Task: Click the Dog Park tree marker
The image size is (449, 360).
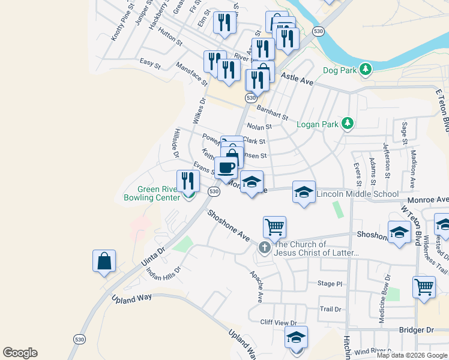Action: coord(365,70)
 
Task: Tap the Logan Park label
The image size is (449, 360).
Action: coord(318,125)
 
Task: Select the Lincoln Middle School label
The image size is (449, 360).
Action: coord(357,194)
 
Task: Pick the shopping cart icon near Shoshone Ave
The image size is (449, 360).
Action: coord(274,227)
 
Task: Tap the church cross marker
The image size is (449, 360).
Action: coord(264,247)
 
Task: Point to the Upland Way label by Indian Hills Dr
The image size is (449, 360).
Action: coord(130,298)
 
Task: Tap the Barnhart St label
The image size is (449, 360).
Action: coord(272,112)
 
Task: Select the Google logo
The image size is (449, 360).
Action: coord(20,353)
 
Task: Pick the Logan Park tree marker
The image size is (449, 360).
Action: coord(346,124)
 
